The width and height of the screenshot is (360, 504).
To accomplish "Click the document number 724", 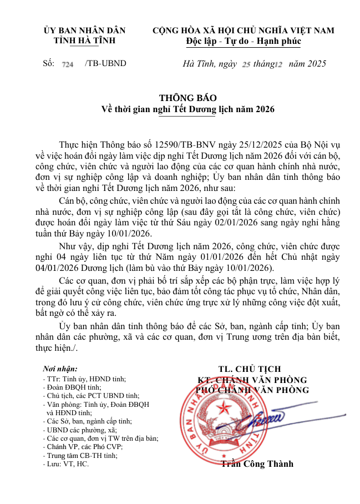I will (x=68, y=64).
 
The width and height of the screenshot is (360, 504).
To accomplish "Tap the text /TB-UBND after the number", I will (x=105, y=63).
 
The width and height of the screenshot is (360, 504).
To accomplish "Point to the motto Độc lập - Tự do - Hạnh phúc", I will (x=244, y=41).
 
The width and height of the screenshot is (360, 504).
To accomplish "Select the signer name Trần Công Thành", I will (x=257, y=464).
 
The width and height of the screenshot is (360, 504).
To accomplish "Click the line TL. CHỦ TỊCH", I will (x=250, y=369).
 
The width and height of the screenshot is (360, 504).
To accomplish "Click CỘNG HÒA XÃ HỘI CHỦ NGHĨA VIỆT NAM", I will (x=244, y=31).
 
